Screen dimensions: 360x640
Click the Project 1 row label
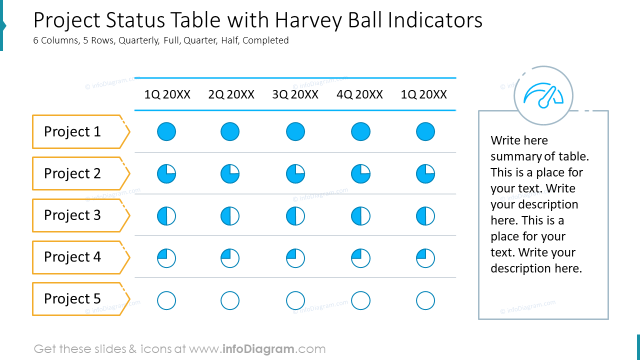click(x=72, y=132)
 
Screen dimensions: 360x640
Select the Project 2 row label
click(x=72, y=173)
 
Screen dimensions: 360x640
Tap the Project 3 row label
click(x=72, y=215)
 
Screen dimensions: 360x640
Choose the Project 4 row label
click(x=72, y=257)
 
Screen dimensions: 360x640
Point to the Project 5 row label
click(x=72, y=299)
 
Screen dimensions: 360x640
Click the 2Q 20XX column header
click(x=231, y=94)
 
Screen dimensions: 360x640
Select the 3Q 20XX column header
click(x=295, y=94)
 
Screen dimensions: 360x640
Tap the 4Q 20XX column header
click(x=359, y=94)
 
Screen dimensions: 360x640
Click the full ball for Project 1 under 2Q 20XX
click(x=230, y=132)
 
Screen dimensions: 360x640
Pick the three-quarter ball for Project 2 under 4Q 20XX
click(x=360, y=174)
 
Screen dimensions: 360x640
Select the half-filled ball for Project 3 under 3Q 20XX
click(x=295, y=216)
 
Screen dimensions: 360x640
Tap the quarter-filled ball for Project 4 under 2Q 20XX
click(x=230, y=258)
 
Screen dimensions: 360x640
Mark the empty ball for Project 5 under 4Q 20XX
click(x=360, y=301)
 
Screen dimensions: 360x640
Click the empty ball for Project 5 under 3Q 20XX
click(x=295, y=301)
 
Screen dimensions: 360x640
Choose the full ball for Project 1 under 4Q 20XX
click(x=360, y=132)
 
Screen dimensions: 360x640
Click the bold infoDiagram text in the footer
click(x=258, y=349)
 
